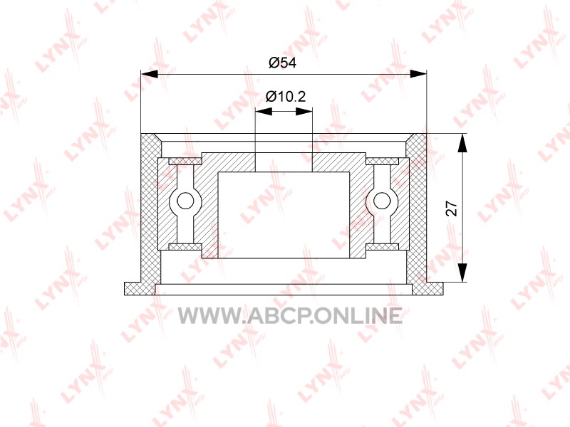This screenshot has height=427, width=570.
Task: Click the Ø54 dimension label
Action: click(282, 63)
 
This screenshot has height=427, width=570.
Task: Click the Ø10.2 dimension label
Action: click(286, 96)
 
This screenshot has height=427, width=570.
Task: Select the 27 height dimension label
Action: click(452, 209)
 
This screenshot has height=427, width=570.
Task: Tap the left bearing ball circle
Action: click(185, 201)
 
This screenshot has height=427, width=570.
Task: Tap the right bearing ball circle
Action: click(381, 201)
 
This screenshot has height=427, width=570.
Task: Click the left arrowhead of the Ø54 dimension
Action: click(149, 74)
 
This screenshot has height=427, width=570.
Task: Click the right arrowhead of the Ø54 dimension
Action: click(418, 74)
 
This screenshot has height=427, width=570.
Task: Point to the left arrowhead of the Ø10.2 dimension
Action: click(264, 112)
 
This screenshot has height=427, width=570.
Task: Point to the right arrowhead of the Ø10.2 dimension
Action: click(304, 112)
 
